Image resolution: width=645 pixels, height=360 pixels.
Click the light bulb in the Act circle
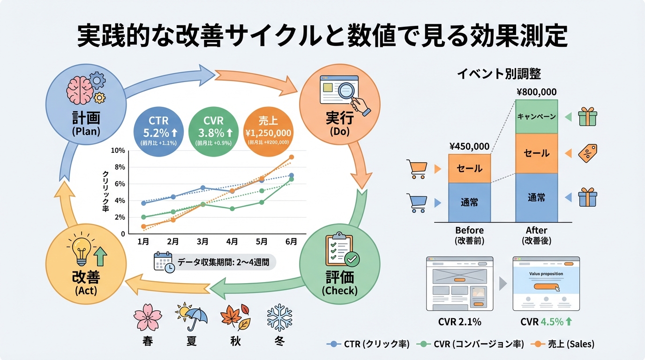click(x=80, y=251)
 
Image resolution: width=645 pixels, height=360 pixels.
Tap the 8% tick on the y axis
click(x=120, y=167)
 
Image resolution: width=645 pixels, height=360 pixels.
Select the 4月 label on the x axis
click(x=232, y=242)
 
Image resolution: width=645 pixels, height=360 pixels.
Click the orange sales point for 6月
click(x=291, y=157)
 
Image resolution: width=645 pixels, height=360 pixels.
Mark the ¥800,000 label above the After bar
click(x=536, y=92)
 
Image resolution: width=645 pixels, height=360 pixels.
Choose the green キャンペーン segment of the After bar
click(x=536, y=116)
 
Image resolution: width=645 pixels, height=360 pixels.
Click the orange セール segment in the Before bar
click(x=469, y=168)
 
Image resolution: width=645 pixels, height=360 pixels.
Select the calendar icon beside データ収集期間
click(x=164, y=262)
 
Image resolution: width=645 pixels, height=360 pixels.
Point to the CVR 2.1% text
click(x=459, y=322)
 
